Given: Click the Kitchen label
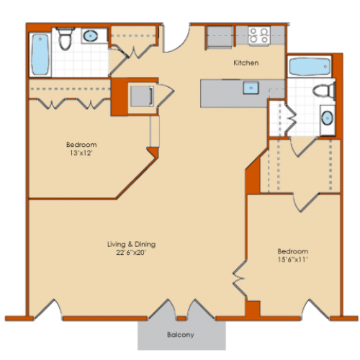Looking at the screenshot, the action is pyautogui.click(x=246, y=63).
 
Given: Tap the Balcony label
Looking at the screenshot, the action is pyautogui.click(x=181, y=335).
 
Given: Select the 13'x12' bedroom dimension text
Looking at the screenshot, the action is pyautogui.click(x=81, y=153).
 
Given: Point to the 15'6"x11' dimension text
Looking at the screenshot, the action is pyautogui.click(x=293, y=260).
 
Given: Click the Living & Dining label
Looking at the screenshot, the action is pyautogui.click(x=131, y=244).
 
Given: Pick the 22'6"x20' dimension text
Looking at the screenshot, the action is pyautogui.click(x=131, y=253).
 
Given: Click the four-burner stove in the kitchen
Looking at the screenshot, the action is pyautogui.click(x=259, y=35).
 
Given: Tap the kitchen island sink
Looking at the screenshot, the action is pyautogui.click(x=251, y=88).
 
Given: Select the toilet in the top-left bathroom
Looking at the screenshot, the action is pyautogui.click(x=66, y=38).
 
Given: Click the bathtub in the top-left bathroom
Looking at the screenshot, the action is pyautogui.click(x=40, y=55).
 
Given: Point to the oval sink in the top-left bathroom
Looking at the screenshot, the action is pyautogui.click(x=91, y=36).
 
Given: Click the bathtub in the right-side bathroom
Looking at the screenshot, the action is pyautogui.click(x=310, y=67).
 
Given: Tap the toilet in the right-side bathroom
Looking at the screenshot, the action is pyautogui.click(x=324, y=91).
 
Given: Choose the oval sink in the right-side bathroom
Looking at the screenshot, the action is pyautogui.click(x=328, y=119).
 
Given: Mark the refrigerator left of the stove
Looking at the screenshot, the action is pyautogui.click(x=220, y=37).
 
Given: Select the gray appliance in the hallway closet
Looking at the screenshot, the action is pyautogui.click(x=142, y=96).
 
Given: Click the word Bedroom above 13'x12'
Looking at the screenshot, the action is pyautogui.click(x=81, y=145).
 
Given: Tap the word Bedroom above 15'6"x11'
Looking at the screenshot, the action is pyautogui.click(x=293, y=251).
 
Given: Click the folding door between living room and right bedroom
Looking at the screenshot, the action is pyautogui.click(x=240, y=279).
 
